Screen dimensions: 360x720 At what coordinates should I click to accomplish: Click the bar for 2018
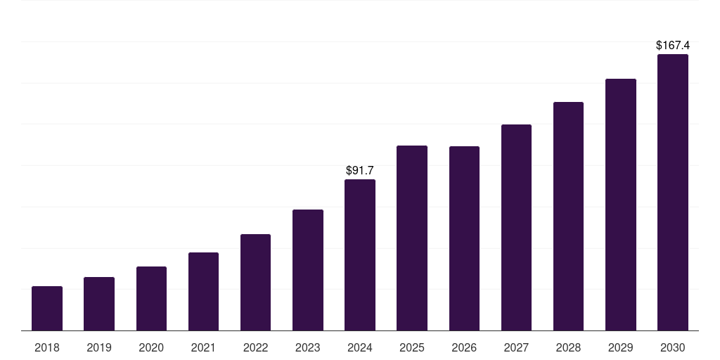[x=47, y=309]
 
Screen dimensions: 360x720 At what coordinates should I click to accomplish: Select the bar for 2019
[x=99, y=304]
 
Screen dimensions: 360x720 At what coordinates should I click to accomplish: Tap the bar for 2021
[x=203, y=292]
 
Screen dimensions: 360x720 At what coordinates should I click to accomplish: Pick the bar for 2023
[x=308, y=270]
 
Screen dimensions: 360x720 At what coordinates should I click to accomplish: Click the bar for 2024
[x=360, y=255]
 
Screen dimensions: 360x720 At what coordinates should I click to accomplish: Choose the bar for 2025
[x=412, y=238]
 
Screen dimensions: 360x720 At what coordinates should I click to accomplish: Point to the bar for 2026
[x=464, y=238]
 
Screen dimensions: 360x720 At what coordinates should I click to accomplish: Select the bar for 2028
[x=568, y=217]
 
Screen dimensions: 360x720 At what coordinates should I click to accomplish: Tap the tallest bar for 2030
[x=673, y=193]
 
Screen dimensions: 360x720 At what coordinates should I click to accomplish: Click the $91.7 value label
[x=360, y=171]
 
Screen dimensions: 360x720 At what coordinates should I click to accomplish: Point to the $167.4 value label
[x=673, y=46]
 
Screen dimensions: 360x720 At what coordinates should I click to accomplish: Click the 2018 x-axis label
[x=47, y=347]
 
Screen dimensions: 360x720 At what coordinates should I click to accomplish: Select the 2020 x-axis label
[x=151, y=347]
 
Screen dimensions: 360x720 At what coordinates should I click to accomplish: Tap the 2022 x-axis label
[x=255, y=347]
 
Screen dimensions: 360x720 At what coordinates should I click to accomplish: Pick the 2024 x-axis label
[x=360, y=347]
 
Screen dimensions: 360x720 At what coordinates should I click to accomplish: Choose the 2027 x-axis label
[x=516, y=347]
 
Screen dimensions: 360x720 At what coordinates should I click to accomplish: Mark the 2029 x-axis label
[x=621, y=347]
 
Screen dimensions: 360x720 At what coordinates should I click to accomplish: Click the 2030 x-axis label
[x=673, y=347]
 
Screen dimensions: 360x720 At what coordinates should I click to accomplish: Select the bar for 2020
[x=151, y=299]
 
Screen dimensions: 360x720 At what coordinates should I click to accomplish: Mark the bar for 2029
[x=621, y=205]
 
